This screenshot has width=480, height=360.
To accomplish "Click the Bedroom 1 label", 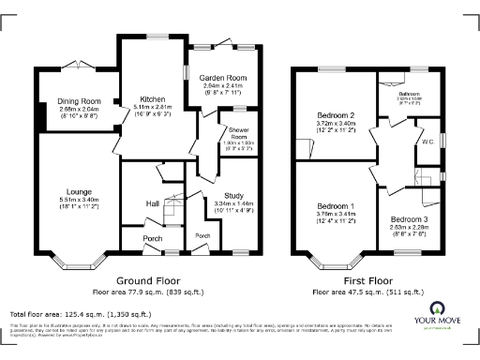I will (336, 205).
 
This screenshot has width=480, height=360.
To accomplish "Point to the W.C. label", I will (427, 142).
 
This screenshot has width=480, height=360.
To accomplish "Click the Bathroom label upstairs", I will (412, 94).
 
